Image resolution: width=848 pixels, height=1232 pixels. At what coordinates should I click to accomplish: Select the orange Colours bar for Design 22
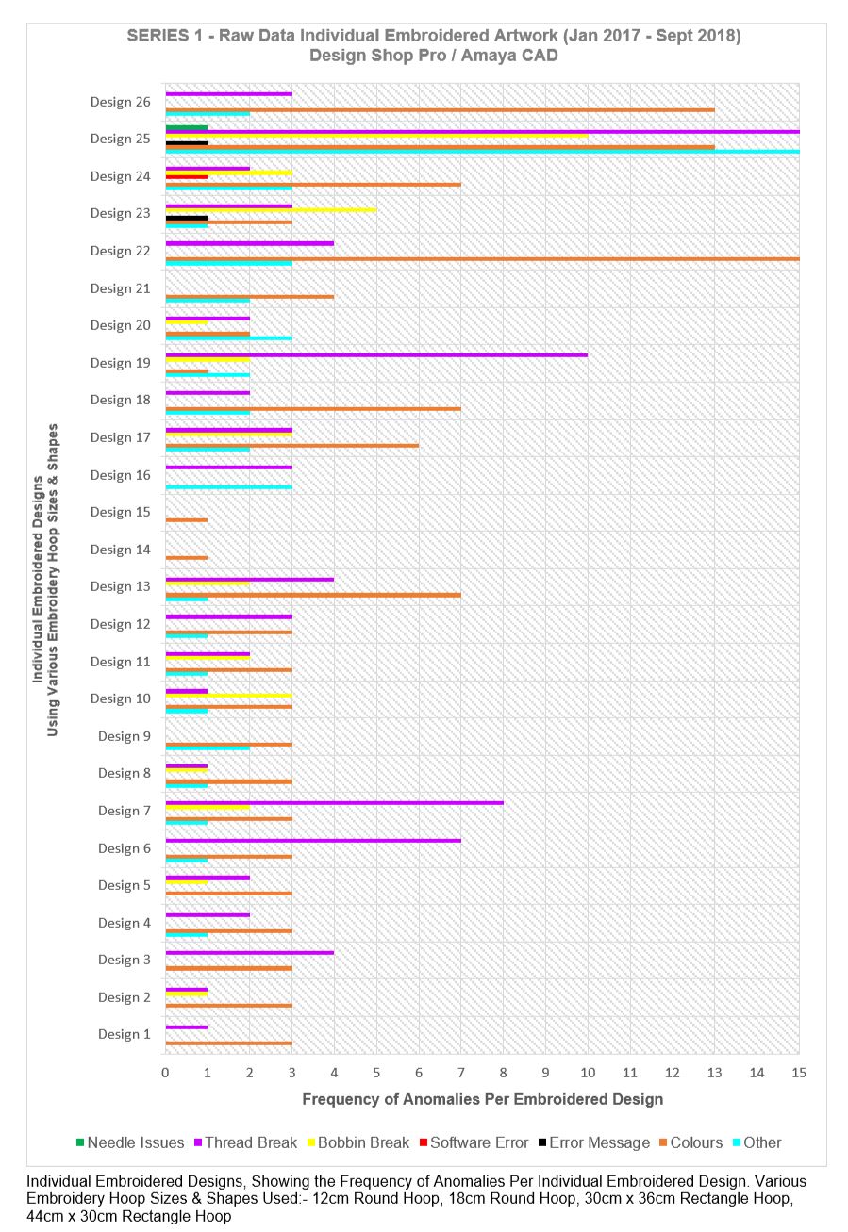[481, 258]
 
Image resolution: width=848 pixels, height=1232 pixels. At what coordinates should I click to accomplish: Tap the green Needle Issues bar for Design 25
[187, 126]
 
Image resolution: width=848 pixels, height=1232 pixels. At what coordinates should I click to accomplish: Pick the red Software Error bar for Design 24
[187, 176]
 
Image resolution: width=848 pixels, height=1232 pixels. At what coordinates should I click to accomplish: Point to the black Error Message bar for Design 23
[187, 218]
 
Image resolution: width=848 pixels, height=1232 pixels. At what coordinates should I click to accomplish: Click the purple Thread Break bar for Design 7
[334, 803]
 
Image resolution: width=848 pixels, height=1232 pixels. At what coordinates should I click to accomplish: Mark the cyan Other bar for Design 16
[228, 487]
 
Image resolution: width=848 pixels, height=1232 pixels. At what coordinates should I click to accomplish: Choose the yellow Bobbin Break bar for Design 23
[271, 210]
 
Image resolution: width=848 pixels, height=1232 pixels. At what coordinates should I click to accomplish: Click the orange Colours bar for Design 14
[187, 558]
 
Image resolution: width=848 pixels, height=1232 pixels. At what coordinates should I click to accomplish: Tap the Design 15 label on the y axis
[121, 512]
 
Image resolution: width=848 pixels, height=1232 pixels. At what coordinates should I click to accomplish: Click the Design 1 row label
[125, 1034]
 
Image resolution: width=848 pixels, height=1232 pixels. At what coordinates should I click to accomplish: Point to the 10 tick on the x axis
[588, 1072]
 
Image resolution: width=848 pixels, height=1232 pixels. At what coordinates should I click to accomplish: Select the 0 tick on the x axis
[165, 1072]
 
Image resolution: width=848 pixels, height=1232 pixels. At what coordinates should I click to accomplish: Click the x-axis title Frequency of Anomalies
[482, 1099]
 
